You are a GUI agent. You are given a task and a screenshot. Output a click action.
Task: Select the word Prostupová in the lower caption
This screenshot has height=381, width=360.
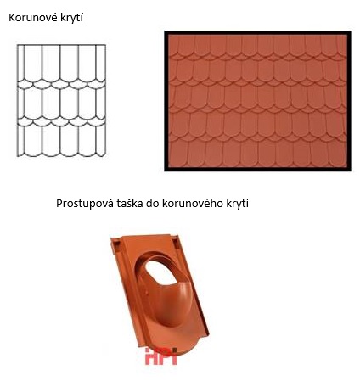pyautogui.click(x=87, y=204)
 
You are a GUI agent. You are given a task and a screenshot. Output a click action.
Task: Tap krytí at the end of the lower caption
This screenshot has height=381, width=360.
pyautogui.click(x=245, y=204)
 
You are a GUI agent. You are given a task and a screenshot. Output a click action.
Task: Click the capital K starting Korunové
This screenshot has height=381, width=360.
pyautogui.click(x=12, y=18)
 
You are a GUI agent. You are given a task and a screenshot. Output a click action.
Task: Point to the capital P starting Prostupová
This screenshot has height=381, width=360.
pyautogui.click(x=59, y=204)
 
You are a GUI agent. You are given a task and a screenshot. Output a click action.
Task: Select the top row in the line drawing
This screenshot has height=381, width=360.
pyautogui.click(x=62, y=59)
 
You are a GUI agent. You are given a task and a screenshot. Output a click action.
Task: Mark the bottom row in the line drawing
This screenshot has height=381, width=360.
pyautogui.click(x=62, y=140)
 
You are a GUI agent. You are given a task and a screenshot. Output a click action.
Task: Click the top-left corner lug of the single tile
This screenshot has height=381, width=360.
pyautogui.click(x=113, y=241)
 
